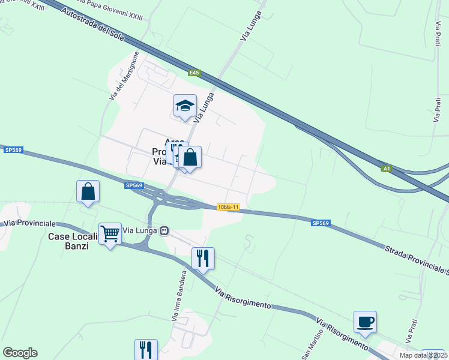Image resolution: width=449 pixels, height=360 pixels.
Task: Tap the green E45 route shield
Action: tap(193, 73)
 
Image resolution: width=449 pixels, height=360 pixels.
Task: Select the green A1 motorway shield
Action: tap(387, 169)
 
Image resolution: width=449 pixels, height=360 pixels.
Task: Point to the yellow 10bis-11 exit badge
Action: tap(228, 207)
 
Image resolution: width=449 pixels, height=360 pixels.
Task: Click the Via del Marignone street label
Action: tap(124, 76)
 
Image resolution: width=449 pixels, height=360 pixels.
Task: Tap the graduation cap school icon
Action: tap(185, 106)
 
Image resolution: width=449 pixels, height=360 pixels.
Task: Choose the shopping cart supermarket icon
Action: tap(110, 234)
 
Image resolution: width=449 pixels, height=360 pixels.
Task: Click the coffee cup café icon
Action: tap(365, 322)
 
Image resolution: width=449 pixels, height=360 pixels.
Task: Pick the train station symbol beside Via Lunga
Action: tap(164, 230)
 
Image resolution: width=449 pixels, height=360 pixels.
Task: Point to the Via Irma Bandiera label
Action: tap(177, 295)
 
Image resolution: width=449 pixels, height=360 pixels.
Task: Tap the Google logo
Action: tap(20, 353)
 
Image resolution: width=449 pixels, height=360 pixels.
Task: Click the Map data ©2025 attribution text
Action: tap(424, 355)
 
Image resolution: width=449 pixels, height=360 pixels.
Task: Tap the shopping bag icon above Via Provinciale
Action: tap(88, 192)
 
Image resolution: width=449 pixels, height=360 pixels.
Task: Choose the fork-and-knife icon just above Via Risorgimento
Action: tap(203, 258)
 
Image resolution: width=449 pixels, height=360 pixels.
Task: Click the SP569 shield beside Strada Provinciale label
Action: tap(321, 223)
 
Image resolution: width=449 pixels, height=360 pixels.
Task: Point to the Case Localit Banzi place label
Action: tap(72, 241)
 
